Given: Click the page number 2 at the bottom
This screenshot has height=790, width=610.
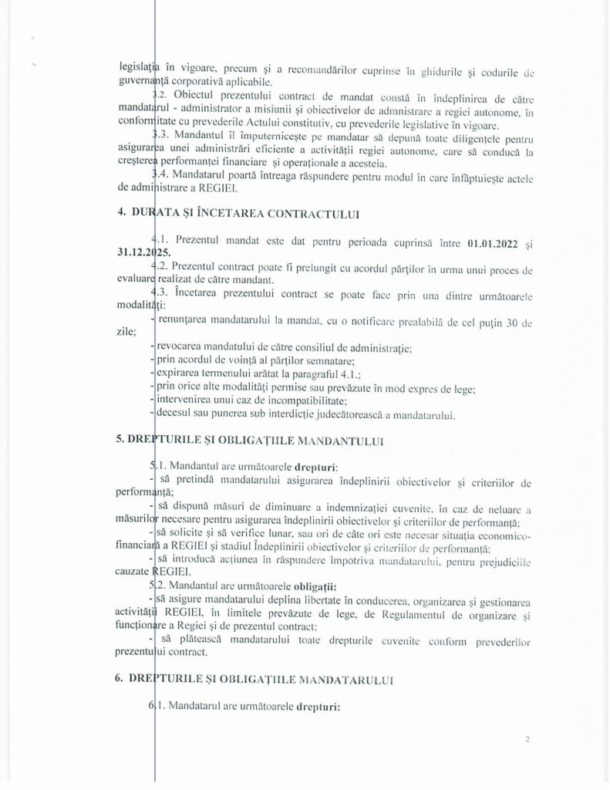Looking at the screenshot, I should (527, 739).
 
